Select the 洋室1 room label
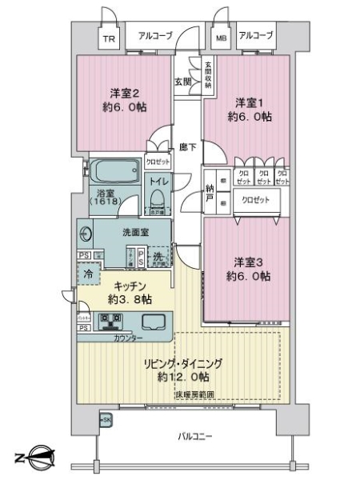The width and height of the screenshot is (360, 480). pyautogui.click(x=252, y=109)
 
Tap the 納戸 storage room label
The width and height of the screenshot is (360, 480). pyautogui.click(x=210, y=193)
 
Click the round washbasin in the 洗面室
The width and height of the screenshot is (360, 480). pyautogui.click(x=86, y=234)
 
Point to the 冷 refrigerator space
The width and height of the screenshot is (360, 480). pyautogui.click(x=90, y=274)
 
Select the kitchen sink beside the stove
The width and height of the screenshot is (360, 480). pyautogui.click(x=153, y=322)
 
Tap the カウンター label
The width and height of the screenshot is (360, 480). pyautogui.click(x=128, y=338)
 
